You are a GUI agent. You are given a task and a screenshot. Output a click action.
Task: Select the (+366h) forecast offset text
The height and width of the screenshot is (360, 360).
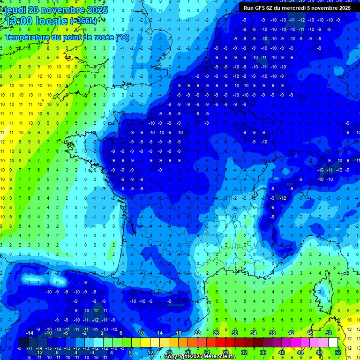[x=83, y=22]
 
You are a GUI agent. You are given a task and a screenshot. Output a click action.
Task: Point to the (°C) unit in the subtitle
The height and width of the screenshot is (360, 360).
[x=122, y=37]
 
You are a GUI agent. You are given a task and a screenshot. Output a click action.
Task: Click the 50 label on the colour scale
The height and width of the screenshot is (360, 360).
[x=329, y=333]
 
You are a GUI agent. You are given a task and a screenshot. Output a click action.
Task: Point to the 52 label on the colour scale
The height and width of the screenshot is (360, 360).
[x=338, y=352]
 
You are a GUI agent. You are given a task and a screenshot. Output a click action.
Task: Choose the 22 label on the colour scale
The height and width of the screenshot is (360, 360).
[x=197, y=333]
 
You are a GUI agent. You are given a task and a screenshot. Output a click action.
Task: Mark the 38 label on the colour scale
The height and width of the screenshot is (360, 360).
[x=272, y=333]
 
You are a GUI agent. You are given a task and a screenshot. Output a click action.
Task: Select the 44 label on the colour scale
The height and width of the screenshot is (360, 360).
[x=300, y=352]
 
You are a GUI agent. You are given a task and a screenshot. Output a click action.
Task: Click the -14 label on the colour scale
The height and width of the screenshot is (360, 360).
[x=29, y=333]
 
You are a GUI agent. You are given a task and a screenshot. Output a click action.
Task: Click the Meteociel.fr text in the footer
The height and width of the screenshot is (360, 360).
[x=220, y=357]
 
